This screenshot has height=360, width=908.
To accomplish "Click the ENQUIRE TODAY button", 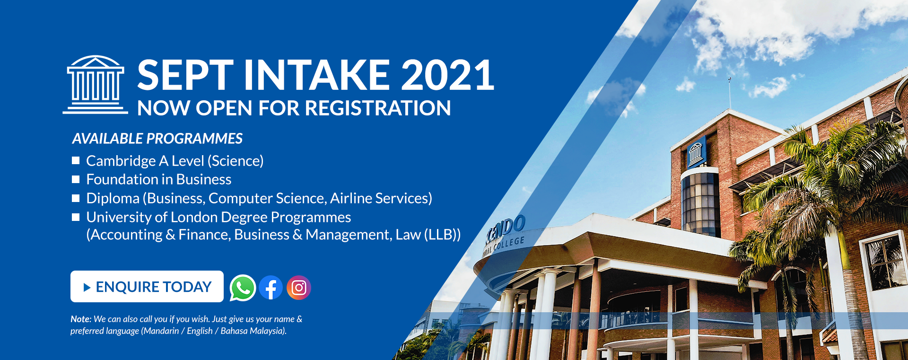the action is [147, 286].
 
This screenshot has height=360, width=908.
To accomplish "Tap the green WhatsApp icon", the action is [243, 288].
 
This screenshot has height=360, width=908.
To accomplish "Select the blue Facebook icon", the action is [271, 288].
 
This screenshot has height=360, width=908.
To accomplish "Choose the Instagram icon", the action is [299, 288].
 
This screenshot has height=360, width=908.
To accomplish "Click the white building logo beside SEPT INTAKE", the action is [96, 85].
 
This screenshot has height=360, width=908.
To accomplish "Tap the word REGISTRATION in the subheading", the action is [378, 108].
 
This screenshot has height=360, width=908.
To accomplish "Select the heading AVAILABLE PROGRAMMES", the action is [157, 139].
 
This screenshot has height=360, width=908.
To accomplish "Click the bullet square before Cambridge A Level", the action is [76, 160].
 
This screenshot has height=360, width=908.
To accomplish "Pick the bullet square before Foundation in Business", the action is [76, 179].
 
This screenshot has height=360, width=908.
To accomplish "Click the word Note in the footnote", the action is [80, 319].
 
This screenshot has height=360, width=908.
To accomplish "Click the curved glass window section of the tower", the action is [700, 203].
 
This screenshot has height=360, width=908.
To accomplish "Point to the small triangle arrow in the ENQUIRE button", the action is [87, 287].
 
